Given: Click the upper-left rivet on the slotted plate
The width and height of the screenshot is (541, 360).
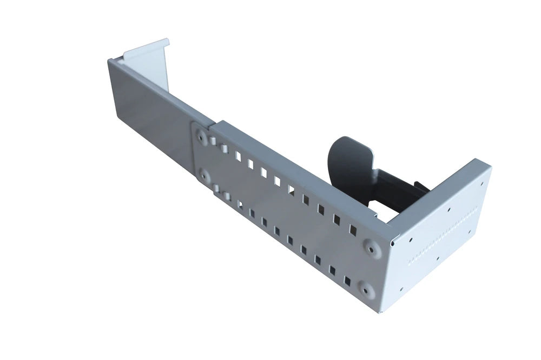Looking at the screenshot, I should (x=202, y=137).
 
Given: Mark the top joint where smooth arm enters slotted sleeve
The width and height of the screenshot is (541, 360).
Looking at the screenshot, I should (x=212, y=123).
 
